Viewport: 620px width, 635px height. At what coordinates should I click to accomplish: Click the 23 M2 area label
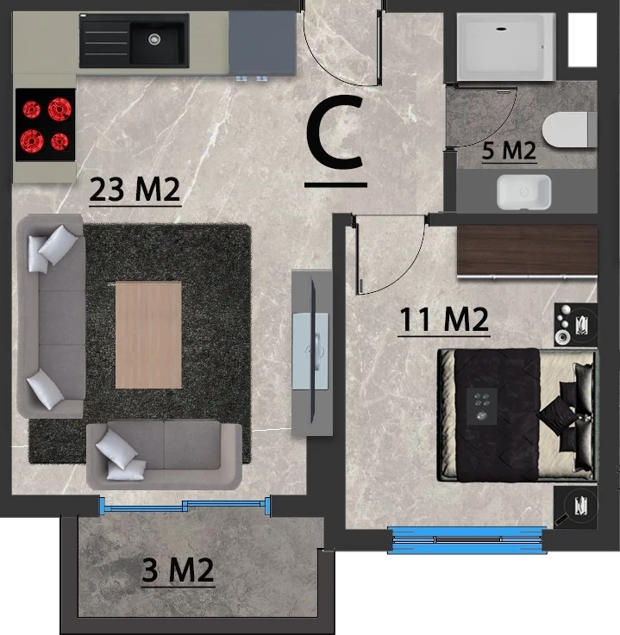pyautogui.click(x=135, y=190)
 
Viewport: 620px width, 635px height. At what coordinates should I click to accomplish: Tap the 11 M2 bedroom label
pyautogui.click(x=444, y=320)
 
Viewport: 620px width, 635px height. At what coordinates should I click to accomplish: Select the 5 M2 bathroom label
pyautogui.click(x=509, y=150)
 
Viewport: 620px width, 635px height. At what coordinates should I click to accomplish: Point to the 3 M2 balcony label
pyautogui.click(x=178, y=570)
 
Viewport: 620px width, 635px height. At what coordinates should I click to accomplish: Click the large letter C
pyautogui.click(x=335, y=132)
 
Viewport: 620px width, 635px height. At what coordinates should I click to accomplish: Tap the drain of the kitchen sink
pyautogui.click(x=154, y=40)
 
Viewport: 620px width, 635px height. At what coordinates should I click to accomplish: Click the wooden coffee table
pyautogui.click(x=148, y=335)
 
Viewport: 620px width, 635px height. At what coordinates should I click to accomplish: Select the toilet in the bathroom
pyautogui.click(x=569, y=129)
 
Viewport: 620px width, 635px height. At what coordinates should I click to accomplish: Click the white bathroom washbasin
pyautogui.click(x=523, y=192)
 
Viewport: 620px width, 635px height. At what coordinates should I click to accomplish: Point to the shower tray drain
pyautogui.click(x=501, y=28)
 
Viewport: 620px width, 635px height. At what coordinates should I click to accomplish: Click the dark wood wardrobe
pyautogui.click(x=527, y=250)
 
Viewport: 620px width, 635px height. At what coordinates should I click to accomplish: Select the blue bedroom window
pyautogui.click(x=467, y=540)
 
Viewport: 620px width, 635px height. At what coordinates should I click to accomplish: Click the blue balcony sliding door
pyautogui.click(x=185, y=505)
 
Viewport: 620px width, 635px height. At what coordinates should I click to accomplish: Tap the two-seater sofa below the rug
pyautogui.click(x=165, y=455)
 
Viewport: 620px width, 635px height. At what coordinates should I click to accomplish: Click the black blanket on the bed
pyautogui.click(x=498, y=415)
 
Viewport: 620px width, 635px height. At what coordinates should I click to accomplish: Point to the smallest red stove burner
pyautogui.click(x=59, y=141)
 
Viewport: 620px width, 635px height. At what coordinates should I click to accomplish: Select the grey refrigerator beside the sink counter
pyautogui.click(x=263, y=42)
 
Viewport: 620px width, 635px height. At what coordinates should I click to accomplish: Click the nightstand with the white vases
pyautogui.click(x=576, y=324)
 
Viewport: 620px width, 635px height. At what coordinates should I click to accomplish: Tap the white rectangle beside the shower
pyautogui.click(x=582, y=40)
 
